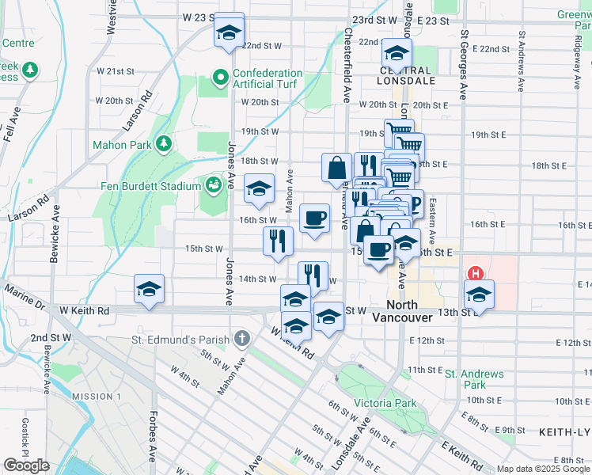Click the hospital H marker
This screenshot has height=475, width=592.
(476, 274)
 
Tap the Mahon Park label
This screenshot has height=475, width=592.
(122, 145)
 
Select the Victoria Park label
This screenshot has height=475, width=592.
(385, 403)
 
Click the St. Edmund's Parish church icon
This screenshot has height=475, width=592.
(242, 340)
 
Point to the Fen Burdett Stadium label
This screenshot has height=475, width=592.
(150, 186)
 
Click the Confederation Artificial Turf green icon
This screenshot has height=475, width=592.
(222, 78)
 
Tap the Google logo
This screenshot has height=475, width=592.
(26, 465)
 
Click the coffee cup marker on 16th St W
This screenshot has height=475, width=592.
(314, 218)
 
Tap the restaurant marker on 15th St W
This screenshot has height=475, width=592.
(278, 241)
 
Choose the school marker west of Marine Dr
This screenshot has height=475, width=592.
(149, 290)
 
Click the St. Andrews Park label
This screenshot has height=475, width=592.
(474, 379)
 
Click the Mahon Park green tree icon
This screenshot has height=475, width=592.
(163, 143)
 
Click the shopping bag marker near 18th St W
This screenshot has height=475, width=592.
(336, 167)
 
